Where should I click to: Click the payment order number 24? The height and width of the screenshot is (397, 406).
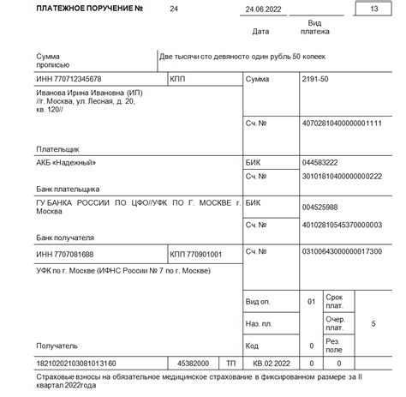(x=175, y=9)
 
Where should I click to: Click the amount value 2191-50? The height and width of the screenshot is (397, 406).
(x=316, y=80)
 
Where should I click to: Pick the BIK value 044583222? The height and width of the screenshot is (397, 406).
(x=319, y=162)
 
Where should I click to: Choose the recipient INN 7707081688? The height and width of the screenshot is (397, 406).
(x=65, y=255)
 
